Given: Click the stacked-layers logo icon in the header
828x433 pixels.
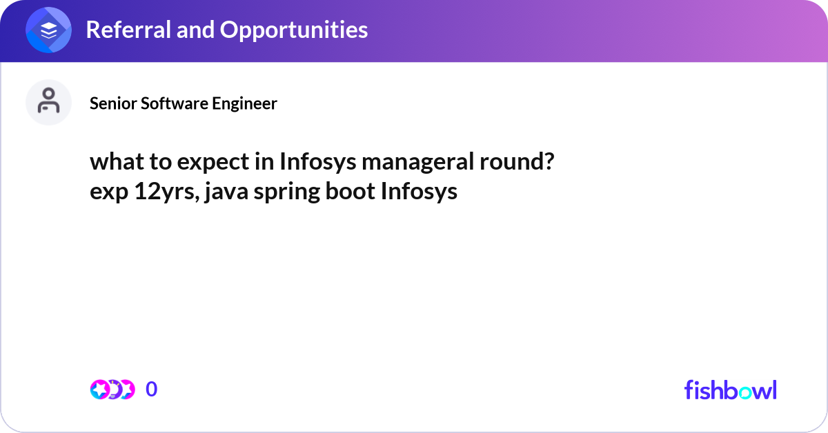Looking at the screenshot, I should point(49,30).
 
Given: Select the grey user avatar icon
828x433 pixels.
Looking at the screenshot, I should point(49,102).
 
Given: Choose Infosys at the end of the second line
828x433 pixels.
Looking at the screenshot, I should point(419,191).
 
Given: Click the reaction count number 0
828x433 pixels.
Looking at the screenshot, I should point(152,390).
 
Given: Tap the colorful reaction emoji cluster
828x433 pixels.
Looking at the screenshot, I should point(112,390).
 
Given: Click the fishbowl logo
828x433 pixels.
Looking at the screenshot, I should point(730,390).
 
